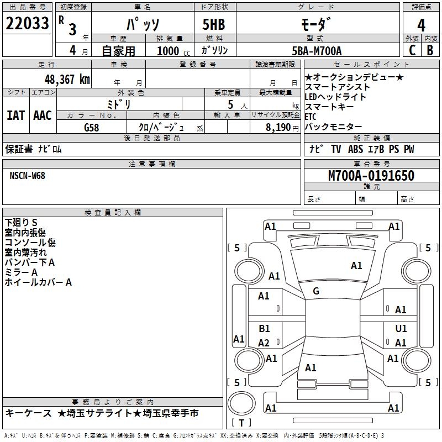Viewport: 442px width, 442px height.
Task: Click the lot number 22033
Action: (28, 25)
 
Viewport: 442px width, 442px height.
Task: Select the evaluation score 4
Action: (422, 25)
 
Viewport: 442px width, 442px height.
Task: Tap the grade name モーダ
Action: (317, 25)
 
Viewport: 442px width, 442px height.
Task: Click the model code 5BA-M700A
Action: (317, 51)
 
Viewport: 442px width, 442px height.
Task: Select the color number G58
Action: (92, 128)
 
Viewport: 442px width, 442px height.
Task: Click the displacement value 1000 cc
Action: (171, 51)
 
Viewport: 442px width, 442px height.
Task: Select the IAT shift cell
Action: (15, 115)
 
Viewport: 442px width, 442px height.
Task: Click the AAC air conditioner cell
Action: (43, 115)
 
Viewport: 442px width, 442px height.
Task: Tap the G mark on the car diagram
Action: (316, 291)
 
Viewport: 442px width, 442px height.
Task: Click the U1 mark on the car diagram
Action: (401, 329)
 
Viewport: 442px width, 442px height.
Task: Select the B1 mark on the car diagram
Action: (264, 329)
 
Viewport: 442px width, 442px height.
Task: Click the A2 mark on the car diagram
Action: (264, 343)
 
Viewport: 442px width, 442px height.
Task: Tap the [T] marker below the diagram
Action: (242, 423)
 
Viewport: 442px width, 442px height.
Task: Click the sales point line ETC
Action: (311, 117)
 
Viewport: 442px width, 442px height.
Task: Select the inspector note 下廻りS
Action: (21, 222)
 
